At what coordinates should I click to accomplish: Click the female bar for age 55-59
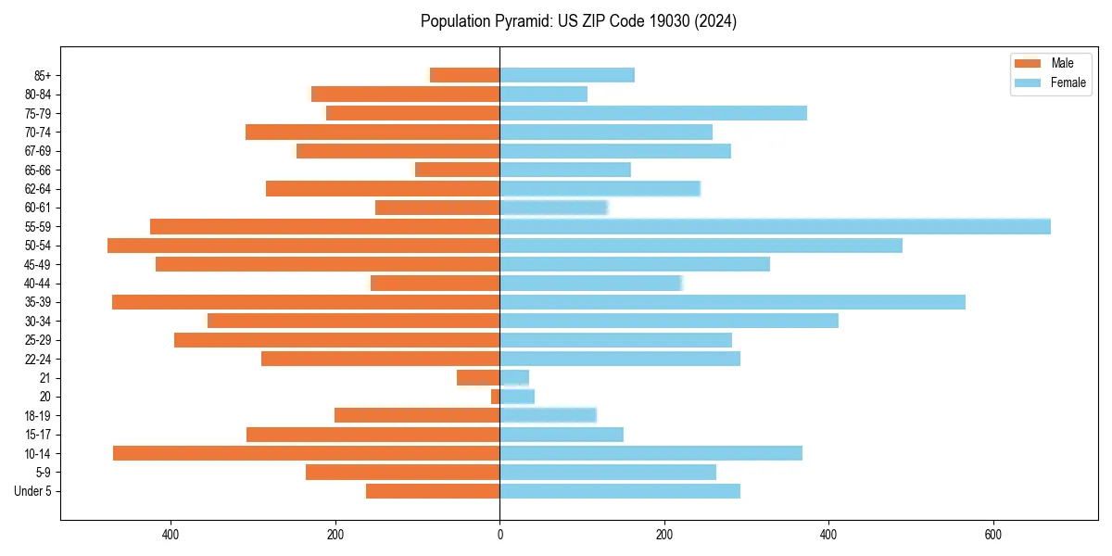click(x=775, y=226)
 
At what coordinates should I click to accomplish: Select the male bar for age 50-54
click(x=303, y=246)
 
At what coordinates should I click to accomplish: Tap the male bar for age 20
click(x=496, y=397)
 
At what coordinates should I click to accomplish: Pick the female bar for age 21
click(x=514, y=377)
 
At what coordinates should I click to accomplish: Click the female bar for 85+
click(x=567, y=75)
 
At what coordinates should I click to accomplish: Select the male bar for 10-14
click(x=306, y=453)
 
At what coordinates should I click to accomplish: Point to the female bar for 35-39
click(x=732, y=302)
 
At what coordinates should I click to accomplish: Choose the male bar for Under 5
click(x=433, y=491)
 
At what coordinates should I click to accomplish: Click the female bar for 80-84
click(x=543, y=94)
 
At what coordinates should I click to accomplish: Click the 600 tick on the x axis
click(x=992, y=535)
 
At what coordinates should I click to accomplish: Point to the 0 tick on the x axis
click(x=499, y=535)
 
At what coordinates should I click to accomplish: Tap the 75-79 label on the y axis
click(x=38, y=113)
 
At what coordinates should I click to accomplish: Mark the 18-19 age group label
click(x=38, y=415)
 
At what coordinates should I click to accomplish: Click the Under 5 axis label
click(x=32, y=491)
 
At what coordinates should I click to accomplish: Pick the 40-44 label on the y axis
click(x=38, y=283)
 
